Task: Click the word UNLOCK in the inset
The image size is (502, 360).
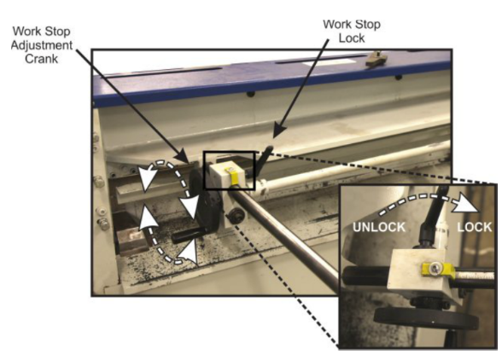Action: [x=379, y=227]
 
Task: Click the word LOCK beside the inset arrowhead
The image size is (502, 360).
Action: [x=474, y=227]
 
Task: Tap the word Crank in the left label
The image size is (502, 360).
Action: [x=42, y=59]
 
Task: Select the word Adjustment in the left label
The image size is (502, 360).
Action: [x=42, y=45]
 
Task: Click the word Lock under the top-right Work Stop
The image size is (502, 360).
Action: [x=352, y=38]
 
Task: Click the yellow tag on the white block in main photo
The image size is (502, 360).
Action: [x=234, y=176]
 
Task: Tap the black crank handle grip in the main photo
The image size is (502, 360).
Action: [x=187, y=236]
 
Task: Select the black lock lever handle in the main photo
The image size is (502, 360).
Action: [x=264, y=160]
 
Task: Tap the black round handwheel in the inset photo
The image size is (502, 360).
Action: [x=426, y=317]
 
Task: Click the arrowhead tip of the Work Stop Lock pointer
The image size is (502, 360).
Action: [x=273, y=138]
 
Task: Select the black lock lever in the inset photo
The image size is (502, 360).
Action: [x=433, y=218]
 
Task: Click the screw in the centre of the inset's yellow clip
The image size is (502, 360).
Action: [x=434, y=269]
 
